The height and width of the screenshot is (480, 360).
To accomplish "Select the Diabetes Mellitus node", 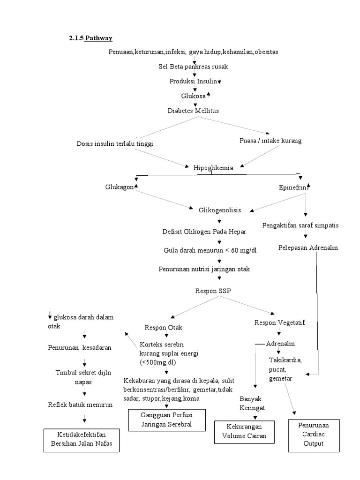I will pyautogui.click(x=193, y=111).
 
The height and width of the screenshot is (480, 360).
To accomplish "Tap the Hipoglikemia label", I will pyautogui.click(x=213, y=167).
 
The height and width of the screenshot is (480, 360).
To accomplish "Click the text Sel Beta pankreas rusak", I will pyautogui.click(x=193, y=67).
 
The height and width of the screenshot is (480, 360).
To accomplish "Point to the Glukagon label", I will pyautogui.click(x=120, y=187).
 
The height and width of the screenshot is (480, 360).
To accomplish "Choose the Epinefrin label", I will pyautogui.click(x=292, y=187).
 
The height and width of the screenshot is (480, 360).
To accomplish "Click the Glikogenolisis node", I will pyautogui.click(x=220, y=210).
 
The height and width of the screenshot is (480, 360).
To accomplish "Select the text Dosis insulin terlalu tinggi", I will pyautogui.click(x=115, y=144).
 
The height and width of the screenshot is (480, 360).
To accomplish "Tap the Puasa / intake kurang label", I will pyautogui.click(x=270, y=140).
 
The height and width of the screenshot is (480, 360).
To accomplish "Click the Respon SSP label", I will pyautogui.click(x=213, y=291).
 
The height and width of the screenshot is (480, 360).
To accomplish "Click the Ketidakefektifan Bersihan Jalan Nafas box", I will pyautogui.click(x=81, y=440).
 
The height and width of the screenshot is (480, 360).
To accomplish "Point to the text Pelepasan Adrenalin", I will pyautogui.click(x=307, y=247).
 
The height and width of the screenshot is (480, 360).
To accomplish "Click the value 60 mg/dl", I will pyautogui.click(x=245, y=250).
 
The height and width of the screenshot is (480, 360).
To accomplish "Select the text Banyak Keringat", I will pyautogui.click(x=250, y=404).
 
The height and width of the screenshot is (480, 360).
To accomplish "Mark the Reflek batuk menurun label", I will pyautogui.click(x=80, y=405).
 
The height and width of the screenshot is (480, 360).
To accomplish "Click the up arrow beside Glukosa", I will pyautogui.click(x=209, y=95).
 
